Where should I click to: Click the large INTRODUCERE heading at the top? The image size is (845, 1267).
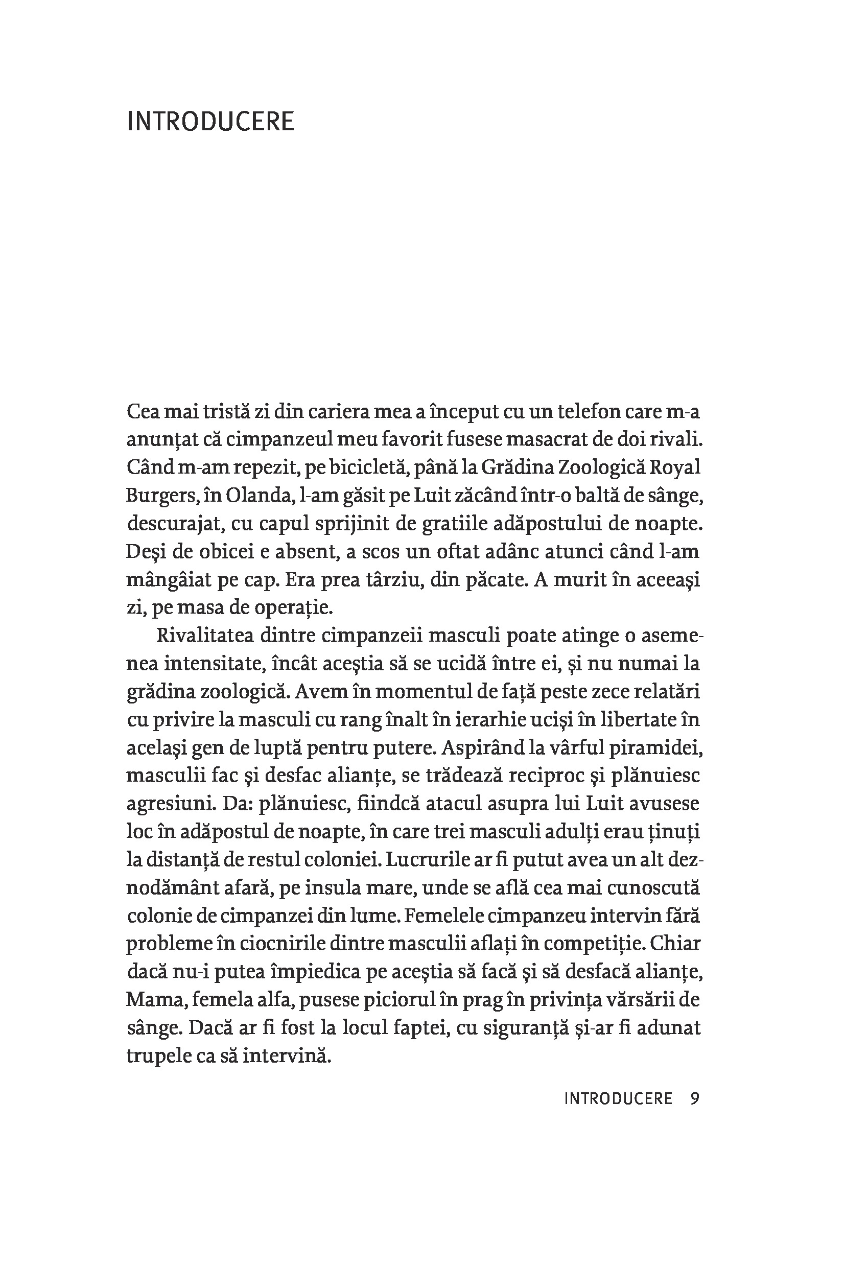point(210,122)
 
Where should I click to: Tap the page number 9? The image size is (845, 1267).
point(695,1098)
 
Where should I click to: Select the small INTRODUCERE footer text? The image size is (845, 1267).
point(618,1098)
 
